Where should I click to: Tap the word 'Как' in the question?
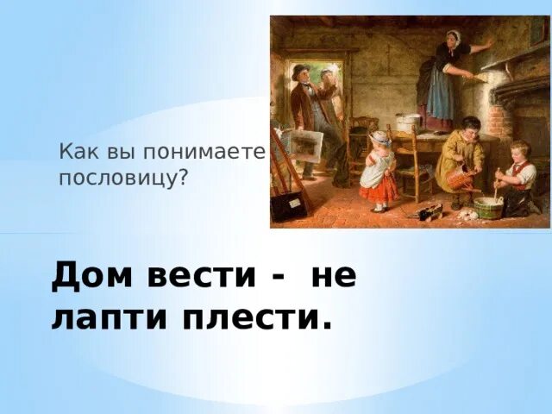(x=75, y=153)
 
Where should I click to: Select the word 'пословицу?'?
(x=123, y=179)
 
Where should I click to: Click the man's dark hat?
(x=300, y=70)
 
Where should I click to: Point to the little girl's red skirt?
(x=379, y=187)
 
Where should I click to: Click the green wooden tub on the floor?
(x=487, y=207)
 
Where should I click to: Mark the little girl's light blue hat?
(x=380, y=138)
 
